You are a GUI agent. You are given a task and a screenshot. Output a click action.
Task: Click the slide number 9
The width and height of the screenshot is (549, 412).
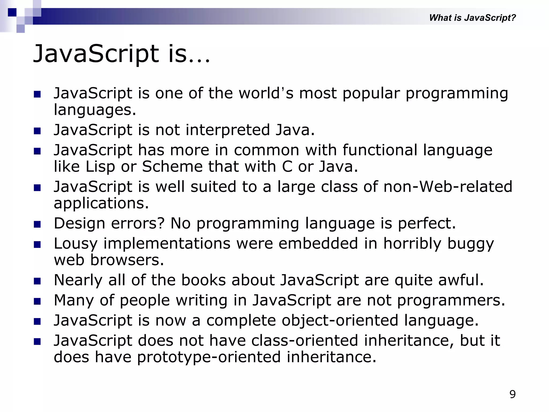click(x=512, y=394)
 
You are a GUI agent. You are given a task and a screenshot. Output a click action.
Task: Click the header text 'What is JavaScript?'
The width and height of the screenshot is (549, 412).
click(x=472, y=18)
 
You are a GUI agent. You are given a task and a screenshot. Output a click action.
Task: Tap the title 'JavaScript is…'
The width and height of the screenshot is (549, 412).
click(x=121, y=54)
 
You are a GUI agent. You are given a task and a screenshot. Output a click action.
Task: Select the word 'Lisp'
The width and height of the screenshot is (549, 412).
click(x=100, y=167)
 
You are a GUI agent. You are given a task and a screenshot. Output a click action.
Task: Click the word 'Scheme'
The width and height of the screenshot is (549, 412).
click(x=172, y=167)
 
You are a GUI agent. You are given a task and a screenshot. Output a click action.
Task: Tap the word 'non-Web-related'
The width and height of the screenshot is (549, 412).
click(x=448, y=187)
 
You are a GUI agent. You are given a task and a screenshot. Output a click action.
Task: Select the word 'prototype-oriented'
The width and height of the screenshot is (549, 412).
click(x=209, y=357)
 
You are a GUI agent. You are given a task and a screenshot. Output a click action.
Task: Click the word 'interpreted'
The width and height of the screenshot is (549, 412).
click(x=228, y=130)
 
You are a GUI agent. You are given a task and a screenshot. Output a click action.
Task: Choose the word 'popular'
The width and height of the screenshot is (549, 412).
click(x=371, y=93)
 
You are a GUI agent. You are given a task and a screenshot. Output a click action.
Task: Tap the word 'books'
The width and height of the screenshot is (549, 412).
click(x=203, y=280)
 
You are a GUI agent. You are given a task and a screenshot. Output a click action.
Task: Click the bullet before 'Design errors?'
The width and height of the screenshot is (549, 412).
click(x=37, y=224)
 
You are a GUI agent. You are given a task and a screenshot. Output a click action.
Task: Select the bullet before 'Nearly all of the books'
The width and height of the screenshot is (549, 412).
click(x=37, y=281)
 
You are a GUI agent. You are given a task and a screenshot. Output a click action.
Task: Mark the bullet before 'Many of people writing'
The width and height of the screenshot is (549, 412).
click(x=37, y=301)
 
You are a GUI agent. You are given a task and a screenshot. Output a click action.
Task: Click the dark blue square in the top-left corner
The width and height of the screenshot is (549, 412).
click(x=12, y=12)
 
